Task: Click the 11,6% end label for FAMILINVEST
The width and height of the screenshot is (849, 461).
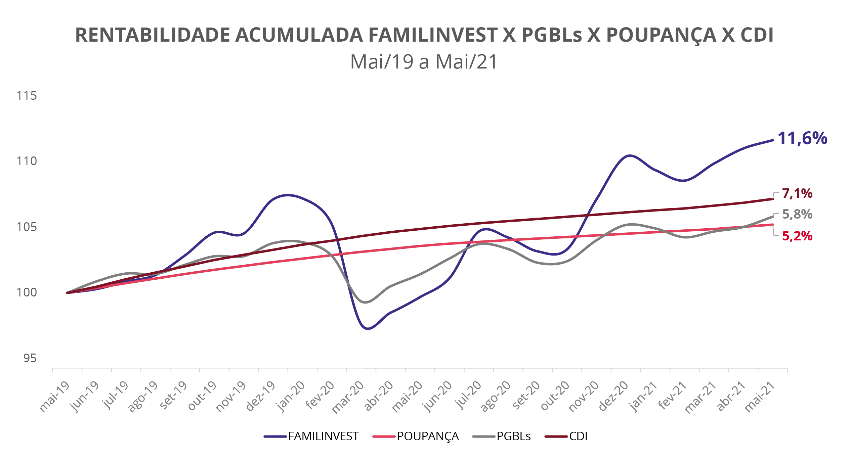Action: (802, 138)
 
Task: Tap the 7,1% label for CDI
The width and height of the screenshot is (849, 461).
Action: (797, 193)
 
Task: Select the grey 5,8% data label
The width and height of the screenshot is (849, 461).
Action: (797, 214)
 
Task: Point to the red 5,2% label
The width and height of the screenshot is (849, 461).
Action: (797, 236)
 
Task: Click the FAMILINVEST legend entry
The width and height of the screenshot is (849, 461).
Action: (323, 436)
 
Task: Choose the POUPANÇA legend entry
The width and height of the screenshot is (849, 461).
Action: (427, 436)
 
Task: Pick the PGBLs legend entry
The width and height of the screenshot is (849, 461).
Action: (513, 436)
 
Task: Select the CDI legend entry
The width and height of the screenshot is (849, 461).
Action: (578, 436)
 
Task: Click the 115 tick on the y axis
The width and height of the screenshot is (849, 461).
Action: (27, 96)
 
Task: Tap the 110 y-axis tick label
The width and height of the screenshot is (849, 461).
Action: (27, 161)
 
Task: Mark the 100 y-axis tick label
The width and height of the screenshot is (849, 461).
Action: (27, 292)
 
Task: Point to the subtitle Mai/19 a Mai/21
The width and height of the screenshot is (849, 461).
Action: (424, 62)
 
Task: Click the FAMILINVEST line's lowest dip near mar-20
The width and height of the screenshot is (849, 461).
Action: (368, 328)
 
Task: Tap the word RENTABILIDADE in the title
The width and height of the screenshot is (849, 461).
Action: (153, 35)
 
